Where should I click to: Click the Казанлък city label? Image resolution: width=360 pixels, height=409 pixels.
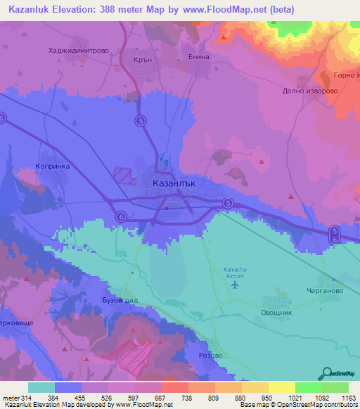pos(173,183)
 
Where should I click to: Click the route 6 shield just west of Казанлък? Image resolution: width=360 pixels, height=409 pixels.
pos(121,216)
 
